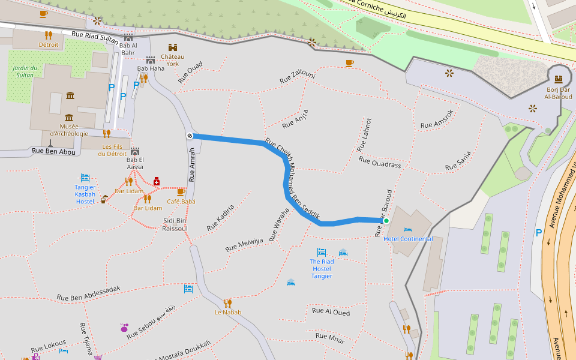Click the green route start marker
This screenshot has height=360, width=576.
(x=386, y=221)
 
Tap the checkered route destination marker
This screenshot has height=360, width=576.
(x=190, y=136)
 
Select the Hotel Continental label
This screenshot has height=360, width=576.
(x=408, y=239)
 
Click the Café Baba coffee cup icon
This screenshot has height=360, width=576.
(x=181, y=192)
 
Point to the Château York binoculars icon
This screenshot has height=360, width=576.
(x=173, y=47)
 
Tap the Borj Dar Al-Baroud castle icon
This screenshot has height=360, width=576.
(x=559, y=79)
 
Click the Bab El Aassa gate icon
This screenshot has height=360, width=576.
(x=134, y=151)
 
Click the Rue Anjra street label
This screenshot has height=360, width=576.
(x=295, y=119)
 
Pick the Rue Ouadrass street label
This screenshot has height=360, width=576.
(x=379, y=162)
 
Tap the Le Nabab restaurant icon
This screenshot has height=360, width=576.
(x=227, y=303)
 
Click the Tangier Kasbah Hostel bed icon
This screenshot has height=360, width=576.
(x=85, y=178)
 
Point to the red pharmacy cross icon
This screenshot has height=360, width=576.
(x=157, y=181)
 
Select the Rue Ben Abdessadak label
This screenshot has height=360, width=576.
(x=88, y=293)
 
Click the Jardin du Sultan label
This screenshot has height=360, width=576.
(x=25, y=71)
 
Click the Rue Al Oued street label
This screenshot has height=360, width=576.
(x=331, y=311)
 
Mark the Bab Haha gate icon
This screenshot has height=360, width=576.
(x=151, y=59)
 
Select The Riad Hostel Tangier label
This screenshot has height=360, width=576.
(x=322, y=268)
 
